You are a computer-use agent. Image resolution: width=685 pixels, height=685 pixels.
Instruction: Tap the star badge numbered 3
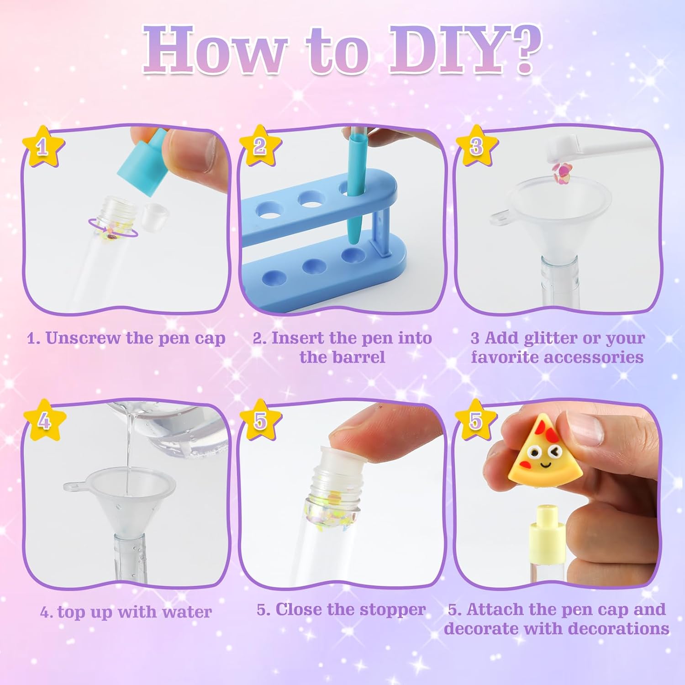point(476,146)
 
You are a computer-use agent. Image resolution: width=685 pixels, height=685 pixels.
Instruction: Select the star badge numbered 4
point(44,420)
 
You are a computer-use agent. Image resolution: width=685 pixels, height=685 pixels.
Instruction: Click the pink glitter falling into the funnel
point(560,170)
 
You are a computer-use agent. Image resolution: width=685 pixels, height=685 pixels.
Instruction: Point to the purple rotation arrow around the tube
point(112,227)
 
